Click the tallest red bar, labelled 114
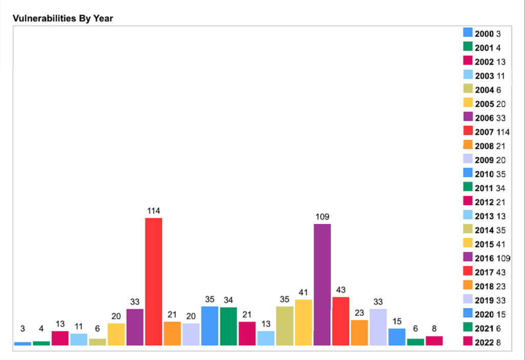point(154,281)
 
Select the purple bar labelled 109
point(322,284)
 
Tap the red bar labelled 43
point(341,321)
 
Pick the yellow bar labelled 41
point(304,322)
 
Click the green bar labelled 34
point(229,326)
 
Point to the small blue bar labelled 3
point(23,344)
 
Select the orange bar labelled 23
point(359,332)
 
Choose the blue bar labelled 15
point(397,336)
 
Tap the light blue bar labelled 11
point(79,339)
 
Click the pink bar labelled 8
point(434,341)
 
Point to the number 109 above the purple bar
point(322,217)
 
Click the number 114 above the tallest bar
point(154,211)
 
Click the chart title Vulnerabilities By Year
point(63,18)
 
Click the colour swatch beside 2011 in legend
point(468,188)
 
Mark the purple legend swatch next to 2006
point(468,117)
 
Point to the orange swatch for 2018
point(468,286)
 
